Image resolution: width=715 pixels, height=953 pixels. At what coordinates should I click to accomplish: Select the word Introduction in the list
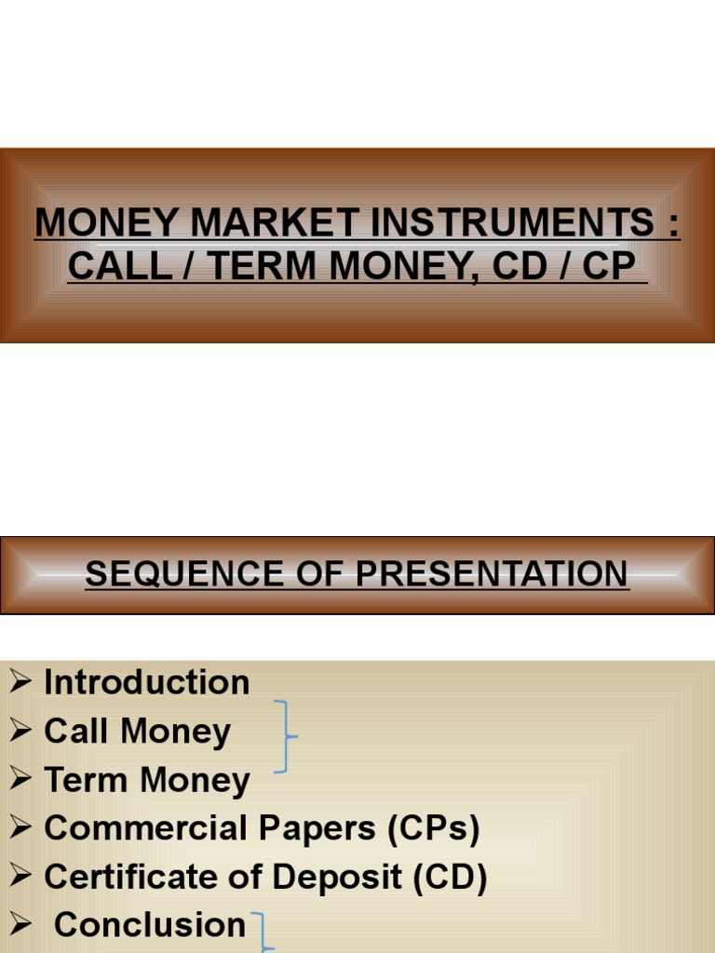coord(146,682)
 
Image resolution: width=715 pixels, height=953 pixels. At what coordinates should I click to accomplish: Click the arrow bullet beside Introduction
coord(21,683)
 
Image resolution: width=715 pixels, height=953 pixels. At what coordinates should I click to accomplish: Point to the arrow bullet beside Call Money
coord(21,732)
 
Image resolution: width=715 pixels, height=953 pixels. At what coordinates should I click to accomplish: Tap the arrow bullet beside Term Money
coord(21,781)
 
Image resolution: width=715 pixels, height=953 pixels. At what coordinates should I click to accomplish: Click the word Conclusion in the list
coord(150,925)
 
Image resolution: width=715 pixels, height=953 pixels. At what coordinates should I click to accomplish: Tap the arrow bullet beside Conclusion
coord(21,926)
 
